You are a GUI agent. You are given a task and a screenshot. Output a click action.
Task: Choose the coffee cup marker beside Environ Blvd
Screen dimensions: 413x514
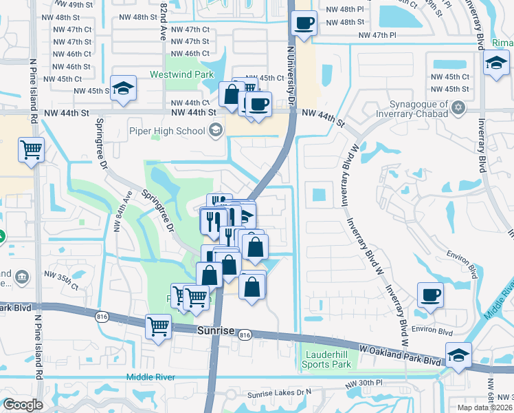click(x=430, y=295)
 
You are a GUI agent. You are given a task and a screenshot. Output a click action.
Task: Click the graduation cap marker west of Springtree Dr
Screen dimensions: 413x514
click(x=123, y=88)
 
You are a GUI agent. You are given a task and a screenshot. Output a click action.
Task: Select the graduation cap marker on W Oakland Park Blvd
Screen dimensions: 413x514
click(x=458, y=355)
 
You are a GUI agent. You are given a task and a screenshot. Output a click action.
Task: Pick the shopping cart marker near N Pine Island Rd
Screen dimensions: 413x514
click(x=31, y=149)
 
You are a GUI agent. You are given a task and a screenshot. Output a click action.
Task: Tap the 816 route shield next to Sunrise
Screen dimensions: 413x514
click(x=245, y=335)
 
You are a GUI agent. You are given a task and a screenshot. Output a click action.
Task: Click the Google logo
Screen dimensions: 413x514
click(x=22, y=405)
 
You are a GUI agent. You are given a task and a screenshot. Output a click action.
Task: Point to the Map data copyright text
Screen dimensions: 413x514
click(x=485, y=407)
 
